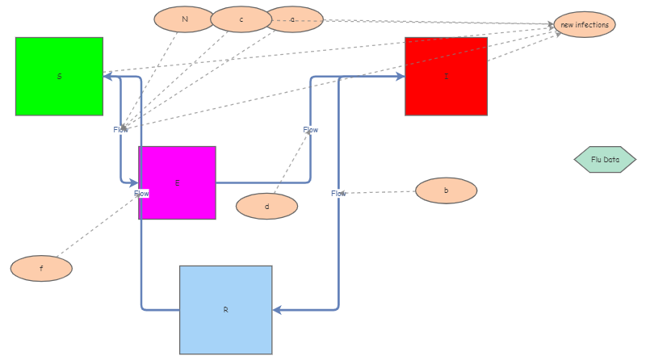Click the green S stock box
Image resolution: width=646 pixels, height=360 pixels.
click(59, 76)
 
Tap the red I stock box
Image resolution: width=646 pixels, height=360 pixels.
click(446, 76)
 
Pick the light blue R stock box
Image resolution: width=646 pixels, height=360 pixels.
click(225, 309)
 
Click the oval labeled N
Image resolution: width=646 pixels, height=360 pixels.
click(184, 19)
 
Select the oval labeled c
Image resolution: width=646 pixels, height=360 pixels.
click(241, 19)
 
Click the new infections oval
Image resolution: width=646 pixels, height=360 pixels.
click(585, 24)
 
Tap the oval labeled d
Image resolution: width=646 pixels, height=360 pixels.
click(266, 206)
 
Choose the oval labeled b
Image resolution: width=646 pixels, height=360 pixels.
click(446, 190)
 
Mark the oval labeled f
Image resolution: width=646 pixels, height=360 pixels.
click(41, 268)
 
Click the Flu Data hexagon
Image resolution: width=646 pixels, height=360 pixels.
click(605, 160)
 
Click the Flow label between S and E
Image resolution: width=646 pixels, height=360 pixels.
click(120, 130)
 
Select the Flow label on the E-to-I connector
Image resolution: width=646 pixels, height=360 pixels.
click(310, 130)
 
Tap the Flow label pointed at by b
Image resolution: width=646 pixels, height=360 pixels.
click(338, 194)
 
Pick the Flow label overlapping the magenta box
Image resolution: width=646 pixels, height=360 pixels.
click(141, 194)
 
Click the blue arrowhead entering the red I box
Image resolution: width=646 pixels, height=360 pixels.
click(400, 77)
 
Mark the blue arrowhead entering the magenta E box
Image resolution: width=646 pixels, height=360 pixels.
click(133, 183)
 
